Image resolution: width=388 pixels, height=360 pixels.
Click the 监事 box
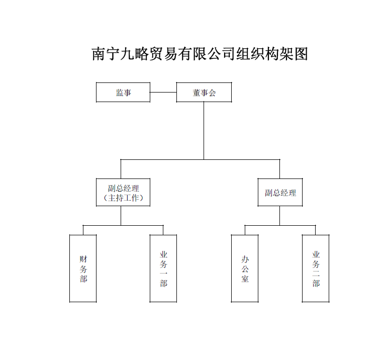tap(123, 93)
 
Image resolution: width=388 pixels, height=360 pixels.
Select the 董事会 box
tap(204, 93)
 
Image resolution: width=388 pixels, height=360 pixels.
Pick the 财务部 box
tap(83, 268)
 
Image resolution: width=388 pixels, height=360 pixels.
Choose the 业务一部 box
tap(163, 268)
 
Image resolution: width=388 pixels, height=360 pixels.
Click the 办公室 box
tap(245, 268)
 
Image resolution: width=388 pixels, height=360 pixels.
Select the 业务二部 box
tap(316, 268)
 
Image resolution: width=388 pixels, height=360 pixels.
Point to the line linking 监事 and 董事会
tap(163, 93)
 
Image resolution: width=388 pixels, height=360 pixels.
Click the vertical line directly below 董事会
tap(204, 131)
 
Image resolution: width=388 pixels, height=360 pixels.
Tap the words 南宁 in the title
tap(104, 54)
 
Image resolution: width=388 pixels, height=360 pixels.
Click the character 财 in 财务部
tap(83, 259)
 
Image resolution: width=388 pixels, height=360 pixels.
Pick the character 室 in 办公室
tap(245, 279)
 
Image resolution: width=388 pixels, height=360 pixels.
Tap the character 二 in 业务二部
tap(316, 274)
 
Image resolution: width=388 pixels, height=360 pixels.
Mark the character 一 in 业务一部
tap(163, 274)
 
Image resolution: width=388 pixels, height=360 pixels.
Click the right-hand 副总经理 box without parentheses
tap(280, 193)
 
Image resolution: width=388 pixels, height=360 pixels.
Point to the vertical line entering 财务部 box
tap(83, 230)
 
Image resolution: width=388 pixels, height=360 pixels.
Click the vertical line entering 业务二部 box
tap(316, 230)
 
